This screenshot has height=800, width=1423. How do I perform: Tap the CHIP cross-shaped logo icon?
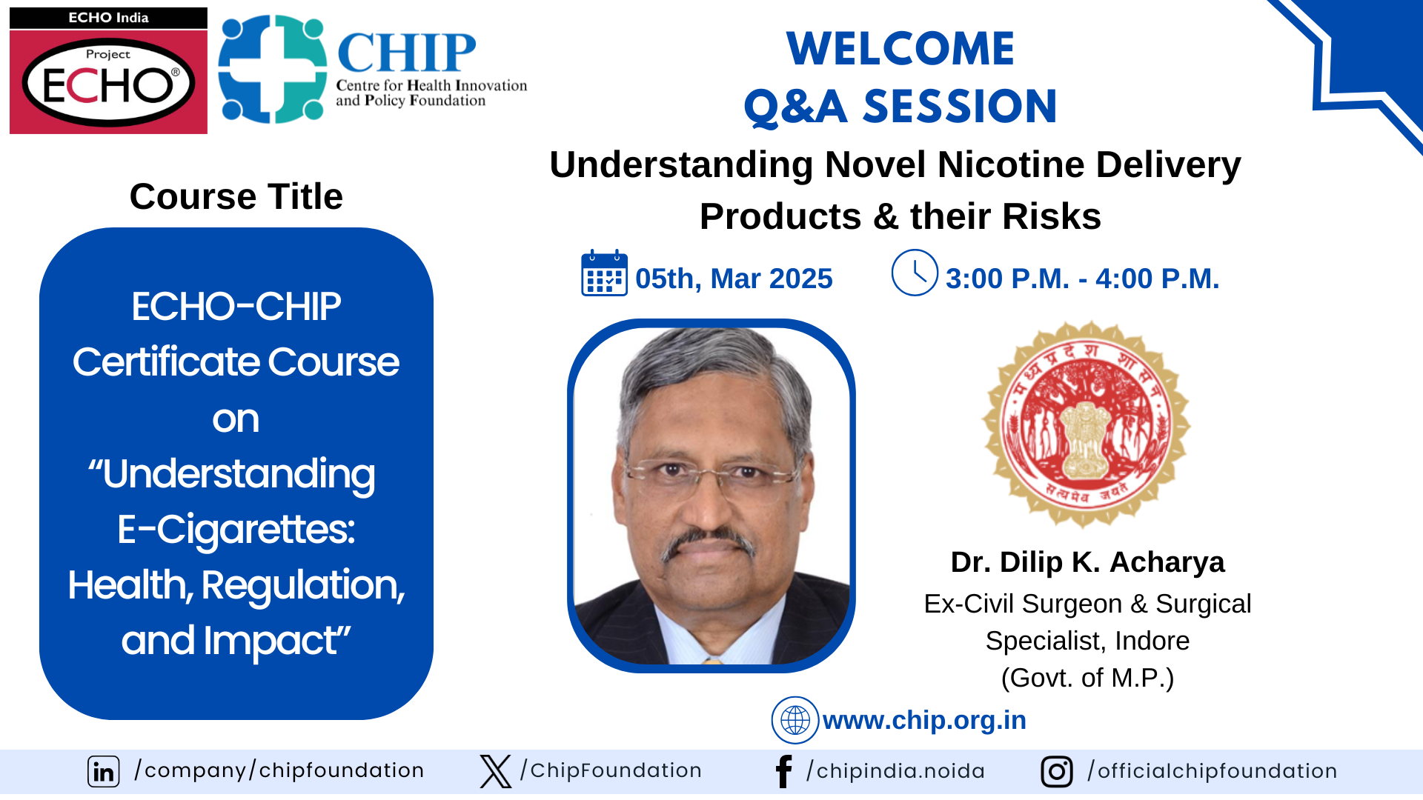coord(273,69)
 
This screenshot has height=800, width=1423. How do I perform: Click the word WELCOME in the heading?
coord(900,49)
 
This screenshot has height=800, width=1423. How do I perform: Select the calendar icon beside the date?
coord(604,273)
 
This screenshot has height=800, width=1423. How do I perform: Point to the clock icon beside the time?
coord(915,273)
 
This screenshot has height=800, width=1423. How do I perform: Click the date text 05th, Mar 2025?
coord(734,279)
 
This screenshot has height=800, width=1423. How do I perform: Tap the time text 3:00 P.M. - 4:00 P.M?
coord(1082,279)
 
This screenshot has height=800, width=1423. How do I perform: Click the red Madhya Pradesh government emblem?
coord(1087,424)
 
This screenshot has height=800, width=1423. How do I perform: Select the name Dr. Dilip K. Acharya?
coord(1087,562)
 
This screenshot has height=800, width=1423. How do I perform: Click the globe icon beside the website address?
coord(795,719)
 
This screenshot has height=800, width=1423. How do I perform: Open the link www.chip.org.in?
coord(924,720)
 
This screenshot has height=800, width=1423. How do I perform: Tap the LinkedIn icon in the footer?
coord(104,771)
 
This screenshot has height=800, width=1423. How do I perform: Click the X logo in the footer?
coord(495,771)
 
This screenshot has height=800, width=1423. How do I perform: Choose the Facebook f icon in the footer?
coord(783,771)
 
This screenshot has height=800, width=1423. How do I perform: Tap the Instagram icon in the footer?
coord(1056,771)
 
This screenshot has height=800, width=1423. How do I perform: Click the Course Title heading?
coord(236,197)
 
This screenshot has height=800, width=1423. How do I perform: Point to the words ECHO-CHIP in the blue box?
coord(236,306)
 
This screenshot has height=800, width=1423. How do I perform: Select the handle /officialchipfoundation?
coord(1212,771)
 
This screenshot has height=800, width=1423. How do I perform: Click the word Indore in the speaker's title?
coord(1152,641)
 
